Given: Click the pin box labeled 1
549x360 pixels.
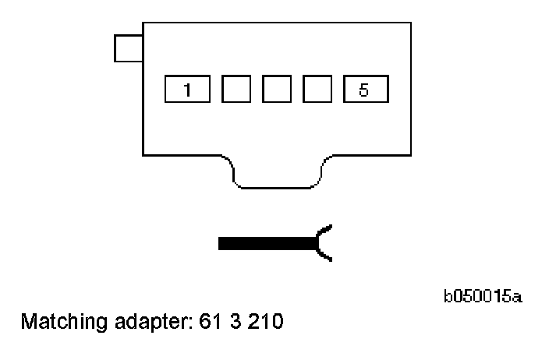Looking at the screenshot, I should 187,90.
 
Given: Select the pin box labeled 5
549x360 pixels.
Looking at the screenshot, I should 365,90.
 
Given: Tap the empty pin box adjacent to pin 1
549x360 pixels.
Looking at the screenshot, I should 236,90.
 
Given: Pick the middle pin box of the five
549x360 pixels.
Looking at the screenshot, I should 276,90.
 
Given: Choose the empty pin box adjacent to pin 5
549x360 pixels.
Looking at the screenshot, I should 317,90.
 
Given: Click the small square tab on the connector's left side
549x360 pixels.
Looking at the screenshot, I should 127,48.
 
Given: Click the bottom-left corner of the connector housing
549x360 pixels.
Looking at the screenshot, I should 143,154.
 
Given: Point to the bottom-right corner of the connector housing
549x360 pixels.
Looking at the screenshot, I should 411,154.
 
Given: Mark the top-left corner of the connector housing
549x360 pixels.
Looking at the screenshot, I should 143,23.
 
